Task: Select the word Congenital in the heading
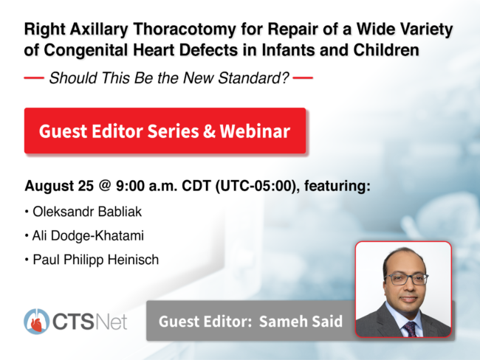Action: [86, 50]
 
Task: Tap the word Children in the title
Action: [386, 50]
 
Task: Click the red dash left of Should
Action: [34, 78]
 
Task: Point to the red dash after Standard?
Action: [303, 78]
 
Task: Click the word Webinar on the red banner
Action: [255, 131]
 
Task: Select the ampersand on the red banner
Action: [209, 131]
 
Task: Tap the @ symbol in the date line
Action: [104, 185]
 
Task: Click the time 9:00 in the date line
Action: [130, 185]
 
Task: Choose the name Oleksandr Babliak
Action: [87, 212]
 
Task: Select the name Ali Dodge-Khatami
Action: [88, 235]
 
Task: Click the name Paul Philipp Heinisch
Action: [96, 260]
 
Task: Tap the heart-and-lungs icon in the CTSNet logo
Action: [36, 321]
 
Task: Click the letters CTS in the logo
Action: [73, 322]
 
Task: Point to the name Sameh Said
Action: [301, 321]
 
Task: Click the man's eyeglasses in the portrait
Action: [407, 280]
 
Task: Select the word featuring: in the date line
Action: [337, 186]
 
